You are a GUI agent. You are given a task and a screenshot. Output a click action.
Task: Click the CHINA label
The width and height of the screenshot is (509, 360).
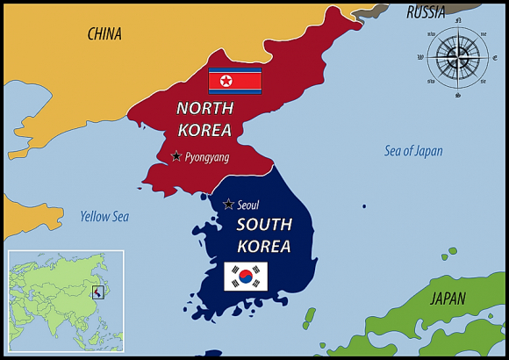pos(104,34)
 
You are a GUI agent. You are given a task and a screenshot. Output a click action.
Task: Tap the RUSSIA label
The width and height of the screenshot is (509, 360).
pos(426,12)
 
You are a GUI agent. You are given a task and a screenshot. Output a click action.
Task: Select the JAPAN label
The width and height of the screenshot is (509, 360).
pos(448,299)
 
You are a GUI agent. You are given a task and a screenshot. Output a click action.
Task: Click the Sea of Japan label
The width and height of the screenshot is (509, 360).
pos(413,151)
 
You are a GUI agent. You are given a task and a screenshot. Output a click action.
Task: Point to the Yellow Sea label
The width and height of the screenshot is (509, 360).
pos(104,216)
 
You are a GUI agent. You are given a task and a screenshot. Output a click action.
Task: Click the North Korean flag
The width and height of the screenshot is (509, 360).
pos(234,82)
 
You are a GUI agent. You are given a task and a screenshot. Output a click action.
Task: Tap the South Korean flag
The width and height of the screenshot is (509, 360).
pos(246,276)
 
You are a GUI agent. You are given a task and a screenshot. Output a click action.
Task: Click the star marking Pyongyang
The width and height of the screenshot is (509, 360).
pos(176,156)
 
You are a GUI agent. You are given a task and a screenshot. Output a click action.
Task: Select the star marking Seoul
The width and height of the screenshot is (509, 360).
pos(228,205)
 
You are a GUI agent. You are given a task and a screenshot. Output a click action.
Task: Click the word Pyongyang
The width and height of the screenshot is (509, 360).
pos(207,157)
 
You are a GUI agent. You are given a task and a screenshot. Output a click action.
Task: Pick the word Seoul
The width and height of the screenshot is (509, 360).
pos(248,205)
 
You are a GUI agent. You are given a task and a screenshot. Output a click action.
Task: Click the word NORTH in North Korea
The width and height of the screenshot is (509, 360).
pos(204,109)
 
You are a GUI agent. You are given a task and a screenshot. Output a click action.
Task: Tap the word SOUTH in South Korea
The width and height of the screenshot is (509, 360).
pos(263,225)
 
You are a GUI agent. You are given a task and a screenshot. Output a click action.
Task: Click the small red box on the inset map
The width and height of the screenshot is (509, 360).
pos(98,292)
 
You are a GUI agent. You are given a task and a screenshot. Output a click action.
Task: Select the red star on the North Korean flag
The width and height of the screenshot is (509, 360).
pos(226,82)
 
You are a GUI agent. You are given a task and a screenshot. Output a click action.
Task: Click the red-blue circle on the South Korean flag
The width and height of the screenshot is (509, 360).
pos(246,276)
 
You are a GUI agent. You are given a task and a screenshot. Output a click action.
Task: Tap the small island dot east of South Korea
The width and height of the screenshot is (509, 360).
pos(364,206)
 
